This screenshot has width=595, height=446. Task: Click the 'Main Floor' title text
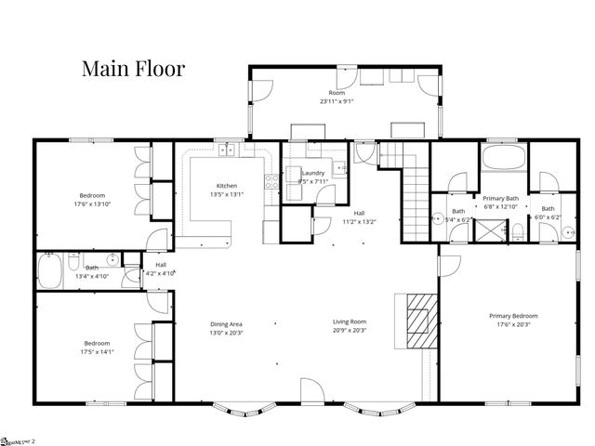(133, 68)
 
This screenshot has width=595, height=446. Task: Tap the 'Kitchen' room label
(227, 185)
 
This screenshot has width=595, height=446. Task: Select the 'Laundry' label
(312, 173)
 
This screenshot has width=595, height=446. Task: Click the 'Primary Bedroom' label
(514, 316)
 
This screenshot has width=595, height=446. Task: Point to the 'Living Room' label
(350, 322)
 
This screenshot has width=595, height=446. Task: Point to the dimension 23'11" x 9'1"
(336, 101)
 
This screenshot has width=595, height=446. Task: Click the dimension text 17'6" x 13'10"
(91, 203)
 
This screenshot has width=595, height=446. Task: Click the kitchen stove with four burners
(271, 180)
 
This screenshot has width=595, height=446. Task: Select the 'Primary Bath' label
(499, 198)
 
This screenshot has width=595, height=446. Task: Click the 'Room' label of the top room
(336, 93)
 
